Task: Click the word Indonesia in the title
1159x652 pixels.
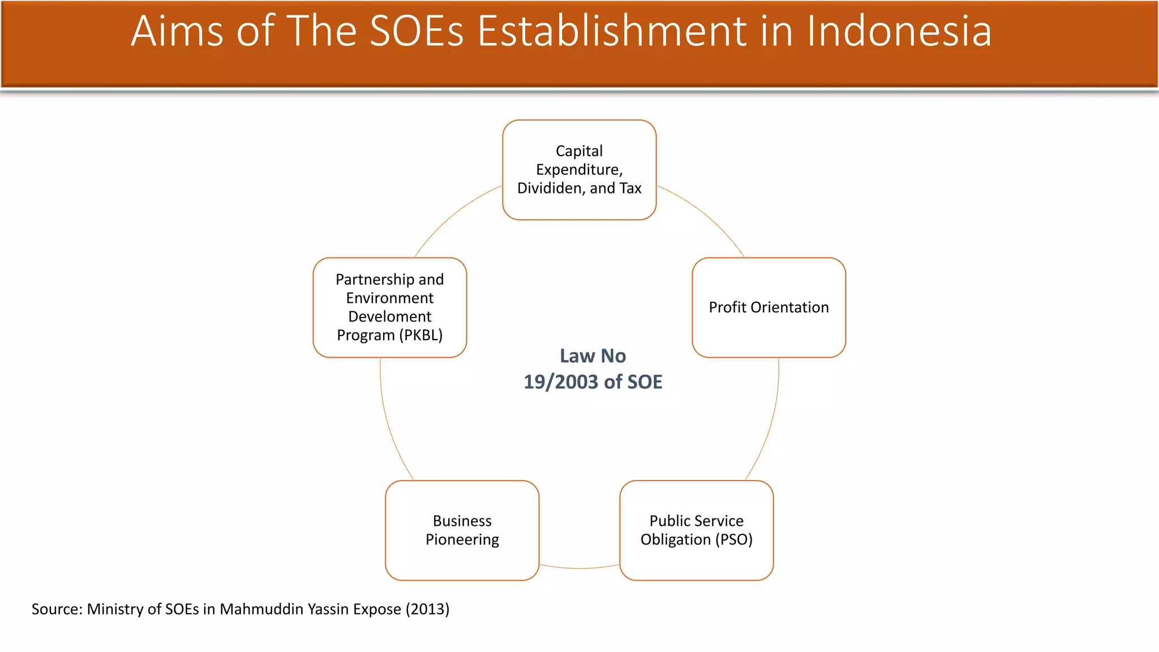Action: (x=899, y=31)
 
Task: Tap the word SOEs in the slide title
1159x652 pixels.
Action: (x=417, y=31)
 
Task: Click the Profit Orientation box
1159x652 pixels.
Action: (x=769, y=307)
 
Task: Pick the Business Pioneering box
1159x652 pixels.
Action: (x=462, y=530)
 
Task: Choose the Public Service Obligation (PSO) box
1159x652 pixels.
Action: (x=696, y=530)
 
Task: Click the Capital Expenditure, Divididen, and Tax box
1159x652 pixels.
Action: (x=579, y=170)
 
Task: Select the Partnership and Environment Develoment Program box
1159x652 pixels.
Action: (x=389, y=307)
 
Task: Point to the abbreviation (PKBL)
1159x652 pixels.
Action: (x=420, y=335)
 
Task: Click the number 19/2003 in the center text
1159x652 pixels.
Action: (x=561, y=382)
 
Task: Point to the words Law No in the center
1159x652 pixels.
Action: (x=593, y=356)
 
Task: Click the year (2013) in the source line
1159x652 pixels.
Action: (x=427, y=609)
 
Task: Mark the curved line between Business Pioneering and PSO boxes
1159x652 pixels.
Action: (x=579, y=568)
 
